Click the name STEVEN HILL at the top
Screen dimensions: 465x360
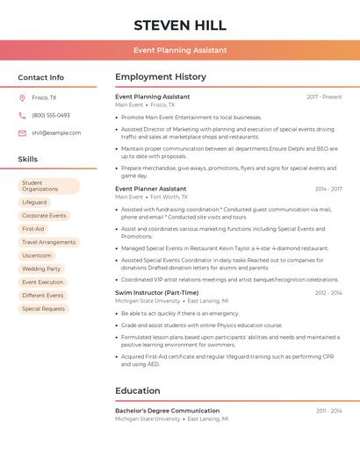pos(180,25)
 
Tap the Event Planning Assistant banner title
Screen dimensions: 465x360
pos(180,51)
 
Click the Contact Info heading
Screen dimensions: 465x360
pos(41,77)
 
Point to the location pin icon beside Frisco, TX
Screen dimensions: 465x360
pos(22,97)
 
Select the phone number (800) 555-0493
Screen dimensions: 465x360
pos(51,115)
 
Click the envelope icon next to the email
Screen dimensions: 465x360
pos(22,133)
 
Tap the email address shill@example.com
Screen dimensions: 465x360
pos(56,133)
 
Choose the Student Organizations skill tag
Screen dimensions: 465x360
pos(49,186)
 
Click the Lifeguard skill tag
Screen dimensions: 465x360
pos(34,203)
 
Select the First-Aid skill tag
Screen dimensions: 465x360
pos(33,229)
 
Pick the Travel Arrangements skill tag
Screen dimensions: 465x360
pos(48,242)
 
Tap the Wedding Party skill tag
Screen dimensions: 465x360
pos(41,268)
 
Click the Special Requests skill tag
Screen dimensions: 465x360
pos(43,309)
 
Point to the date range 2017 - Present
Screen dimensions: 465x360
pos(324,97)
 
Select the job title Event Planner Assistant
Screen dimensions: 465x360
pos(151,189)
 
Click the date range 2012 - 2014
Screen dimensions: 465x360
pos(328,292)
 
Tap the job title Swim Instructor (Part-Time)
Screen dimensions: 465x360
pos(156,292)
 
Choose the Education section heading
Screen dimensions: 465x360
pos(138,390)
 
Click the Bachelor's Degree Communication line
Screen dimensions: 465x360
pos(167,411)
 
